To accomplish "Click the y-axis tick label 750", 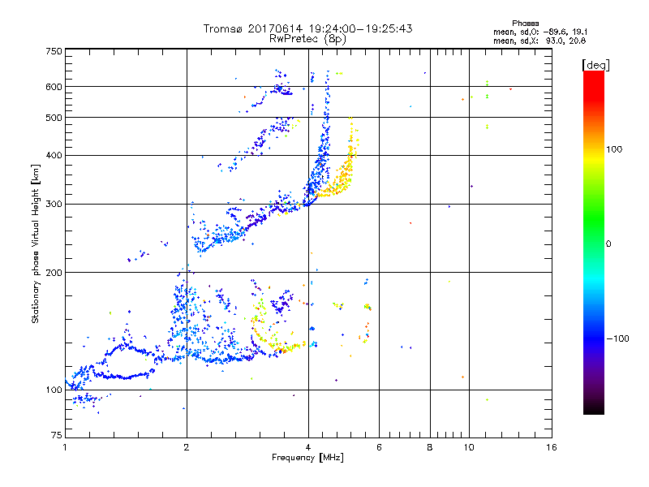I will (54, 51).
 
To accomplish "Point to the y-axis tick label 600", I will (54, 86).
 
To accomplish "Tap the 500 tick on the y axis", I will (54, 118).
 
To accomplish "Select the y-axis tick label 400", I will (54, 155).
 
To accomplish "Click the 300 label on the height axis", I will (54, 204).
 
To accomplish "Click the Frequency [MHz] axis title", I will (308, 459).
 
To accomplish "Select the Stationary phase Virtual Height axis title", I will (36, 244).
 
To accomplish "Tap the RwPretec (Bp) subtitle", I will (308, 38).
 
